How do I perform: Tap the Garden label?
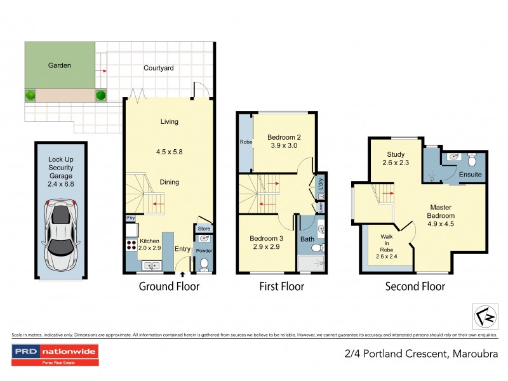click(x=60, y=65)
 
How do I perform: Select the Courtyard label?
click(x=159, y=68)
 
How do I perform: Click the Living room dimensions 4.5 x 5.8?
click(x=169, y=152)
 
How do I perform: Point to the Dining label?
click(x=169, y=182)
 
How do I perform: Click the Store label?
click(x=204, y=229)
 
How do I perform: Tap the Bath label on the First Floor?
click(x=307, y=239)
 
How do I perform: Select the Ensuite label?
click(x=471, y=174)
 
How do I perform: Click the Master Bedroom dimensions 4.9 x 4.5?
click(x=441, y=224)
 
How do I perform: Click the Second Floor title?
click(x=415, y=287)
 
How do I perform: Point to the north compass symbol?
click(x=485, y=314)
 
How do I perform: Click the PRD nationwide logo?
click(x=56, y=351)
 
